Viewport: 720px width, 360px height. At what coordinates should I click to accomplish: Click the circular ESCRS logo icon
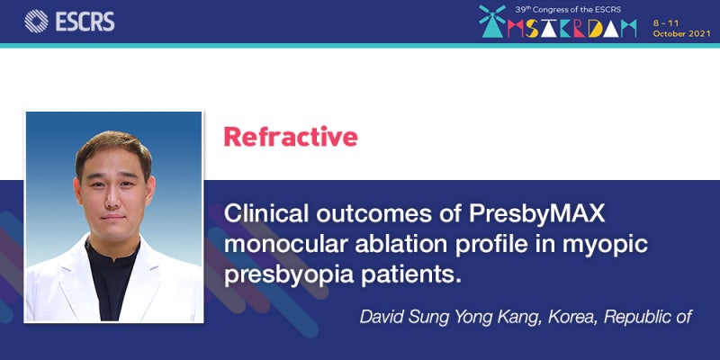pyautogui.click(x=36, y=21)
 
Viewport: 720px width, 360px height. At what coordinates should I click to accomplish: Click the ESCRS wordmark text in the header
pyautogui.click(x=85, y=22)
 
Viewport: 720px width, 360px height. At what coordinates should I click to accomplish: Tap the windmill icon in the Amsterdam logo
pyautogui.click(x=492, y=21)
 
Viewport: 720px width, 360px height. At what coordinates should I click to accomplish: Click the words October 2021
pyautogui.click(x=681, y=34)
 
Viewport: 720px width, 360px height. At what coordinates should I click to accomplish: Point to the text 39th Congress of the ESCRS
pyautogui.click(x=568, y=9)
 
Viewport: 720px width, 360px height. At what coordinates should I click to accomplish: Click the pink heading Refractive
pyautogui.click(x=291, y=137)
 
